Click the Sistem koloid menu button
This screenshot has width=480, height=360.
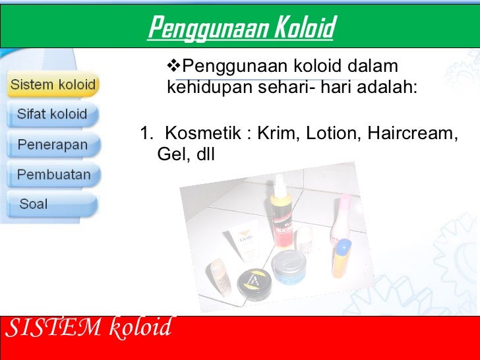(53, 85)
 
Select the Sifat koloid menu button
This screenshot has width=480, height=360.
(52, 114)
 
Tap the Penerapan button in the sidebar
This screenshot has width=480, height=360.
(52, 144)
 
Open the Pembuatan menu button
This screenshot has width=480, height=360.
(53, 175)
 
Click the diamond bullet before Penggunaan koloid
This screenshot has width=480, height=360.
(174, 67)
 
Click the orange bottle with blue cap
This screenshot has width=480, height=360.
(342, 258)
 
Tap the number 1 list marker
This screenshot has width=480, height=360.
(145, 133)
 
